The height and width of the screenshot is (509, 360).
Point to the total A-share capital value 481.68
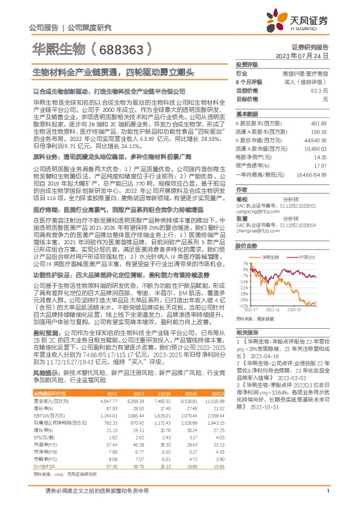coord(318,122)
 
